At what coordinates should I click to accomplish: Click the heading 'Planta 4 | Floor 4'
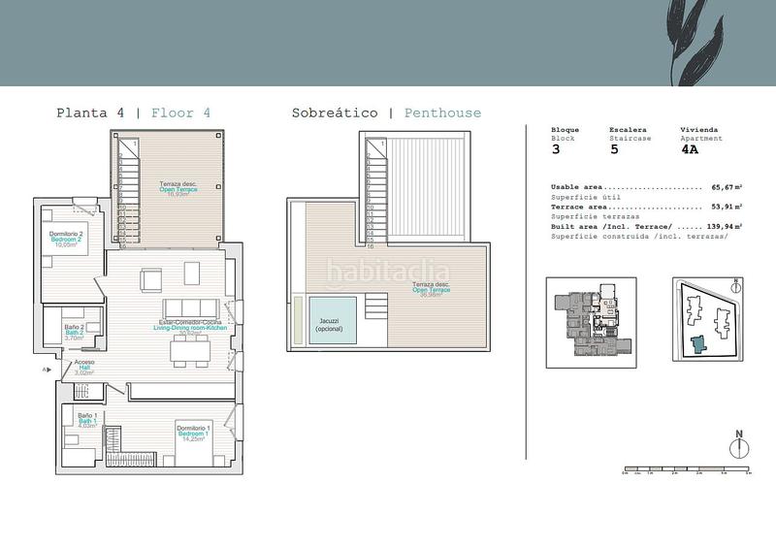coord(134,113)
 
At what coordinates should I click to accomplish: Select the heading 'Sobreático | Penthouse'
coord(386,113)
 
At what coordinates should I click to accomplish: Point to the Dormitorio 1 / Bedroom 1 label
coord(197,431)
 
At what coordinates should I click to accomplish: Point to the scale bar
coord(685,470)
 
